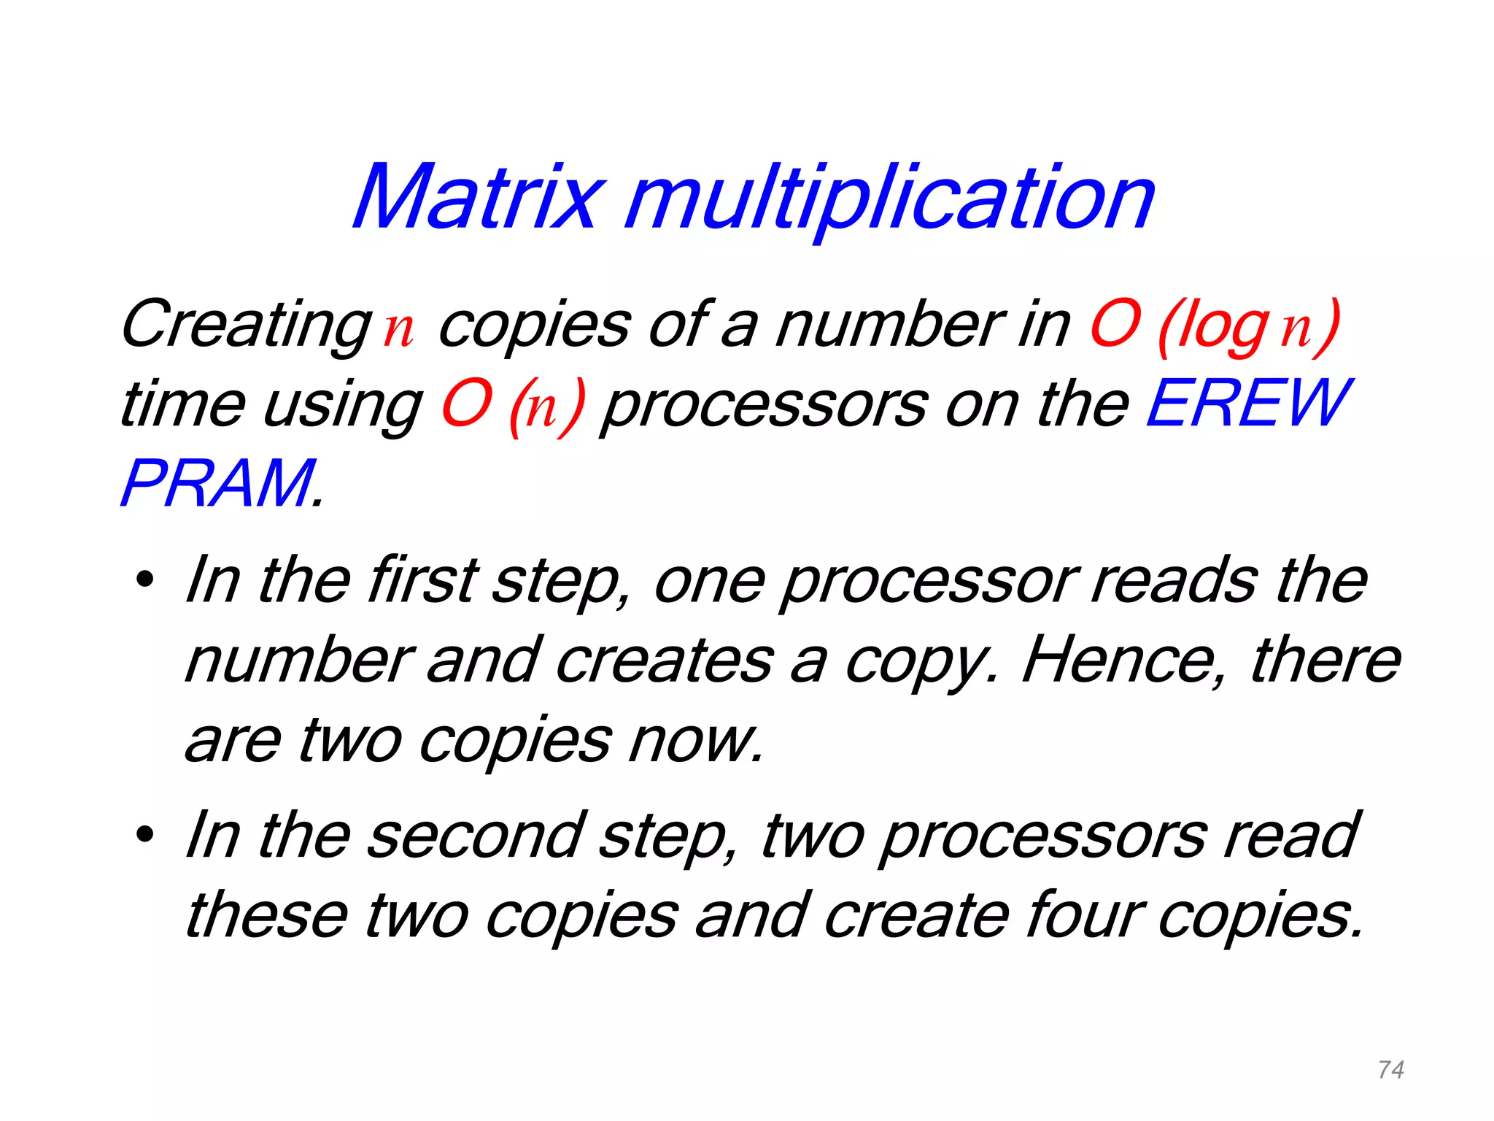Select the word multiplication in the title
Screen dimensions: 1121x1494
coord(890,199)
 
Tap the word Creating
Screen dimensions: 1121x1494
coord(247,325)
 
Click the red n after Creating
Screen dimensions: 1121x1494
coord(399,330)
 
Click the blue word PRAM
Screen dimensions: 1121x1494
coord(218,483)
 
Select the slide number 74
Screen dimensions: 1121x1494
coord(1391,1070)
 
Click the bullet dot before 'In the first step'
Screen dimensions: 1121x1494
coord(145,581)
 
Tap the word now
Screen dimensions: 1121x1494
coord(697,741)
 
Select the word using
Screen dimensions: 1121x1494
coord(343,406)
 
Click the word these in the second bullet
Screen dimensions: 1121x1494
coord(267,915)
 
